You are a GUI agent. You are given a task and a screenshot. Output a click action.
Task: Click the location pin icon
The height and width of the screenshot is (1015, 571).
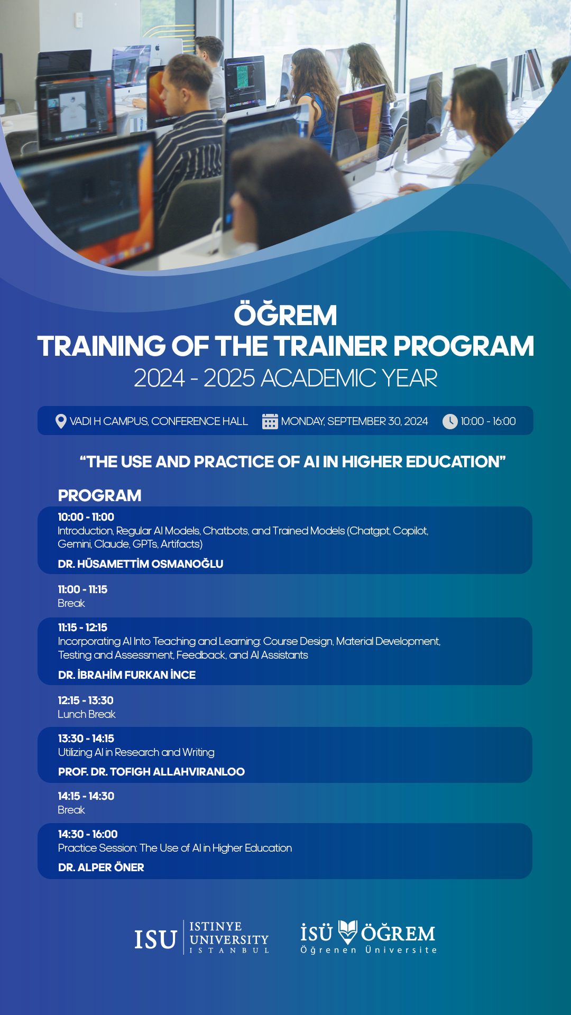click(61, 421)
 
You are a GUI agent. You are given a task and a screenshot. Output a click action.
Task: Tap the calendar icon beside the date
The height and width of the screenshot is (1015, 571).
click(270, 421)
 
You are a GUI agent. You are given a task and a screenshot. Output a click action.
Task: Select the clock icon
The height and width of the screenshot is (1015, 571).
click(450, 421)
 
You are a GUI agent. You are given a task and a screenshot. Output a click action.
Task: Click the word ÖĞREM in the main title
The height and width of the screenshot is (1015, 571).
click(285, 315)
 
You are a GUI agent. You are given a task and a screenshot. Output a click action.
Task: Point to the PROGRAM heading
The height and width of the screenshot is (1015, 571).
click(100, 496)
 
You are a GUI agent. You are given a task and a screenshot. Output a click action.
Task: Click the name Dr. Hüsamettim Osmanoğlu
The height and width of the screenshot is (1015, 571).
click(141, 564)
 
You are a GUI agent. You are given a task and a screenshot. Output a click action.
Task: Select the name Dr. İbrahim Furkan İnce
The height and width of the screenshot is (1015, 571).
click(127, 675)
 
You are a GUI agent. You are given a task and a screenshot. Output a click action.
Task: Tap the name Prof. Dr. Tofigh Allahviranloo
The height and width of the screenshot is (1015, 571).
click(151, 772)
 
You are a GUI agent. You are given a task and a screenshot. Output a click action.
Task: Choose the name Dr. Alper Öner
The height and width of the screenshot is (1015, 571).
click(101, 868)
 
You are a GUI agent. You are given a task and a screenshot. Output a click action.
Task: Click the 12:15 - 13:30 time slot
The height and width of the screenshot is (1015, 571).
click(86, 700)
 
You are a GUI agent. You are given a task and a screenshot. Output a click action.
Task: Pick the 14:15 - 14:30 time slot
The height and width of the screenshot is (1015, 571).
click(86, 796)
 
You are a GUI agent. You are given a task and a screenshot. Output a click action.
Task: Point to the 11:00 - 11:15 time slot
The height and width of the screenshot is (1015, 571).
click(82, 589)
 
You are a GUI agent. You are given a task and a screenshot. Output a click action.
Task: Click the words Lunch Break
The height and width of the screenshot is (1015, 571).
click(87, 714)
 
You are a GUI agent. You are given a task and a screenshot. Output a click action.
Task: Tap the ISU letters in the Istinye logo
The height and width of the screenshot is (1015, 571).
click(155, 939)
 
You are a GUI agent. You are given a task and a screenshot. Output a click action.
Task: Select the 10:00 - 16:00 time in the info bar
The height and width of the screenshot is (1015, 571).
click(488, 421)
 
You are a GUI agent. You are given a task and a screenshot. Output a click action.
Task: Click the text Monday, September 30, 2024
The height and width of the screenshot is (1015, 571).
click(354, 421)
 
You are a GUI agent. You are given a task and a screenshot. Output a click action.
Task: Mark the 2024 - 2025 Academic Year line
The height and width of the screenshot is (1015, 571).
click(285, 378)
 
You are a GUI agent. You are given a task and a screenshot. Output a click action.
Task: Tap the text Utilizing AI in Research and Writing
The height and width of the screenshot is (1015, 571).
click(136, 752)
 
